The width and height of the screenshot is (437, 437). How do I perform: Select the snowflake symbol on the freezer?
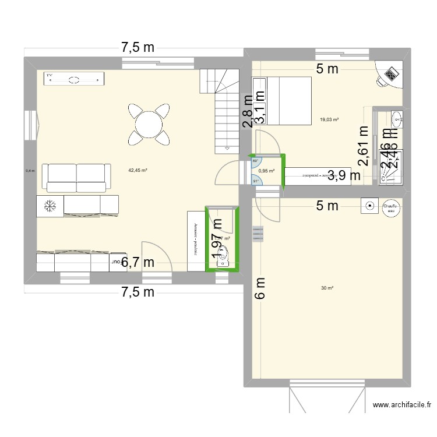50,205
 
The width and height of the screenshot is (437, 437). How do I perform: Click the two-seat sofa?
77,177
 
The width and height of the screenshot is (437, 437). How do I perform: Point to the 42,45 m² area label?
138,171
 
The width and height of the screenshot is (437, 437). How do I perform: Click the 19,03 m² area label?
329,120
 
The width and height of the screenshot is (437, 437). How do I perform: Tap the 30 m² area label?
327,288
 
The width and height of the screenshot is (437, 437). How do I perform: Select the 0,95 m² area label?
266,171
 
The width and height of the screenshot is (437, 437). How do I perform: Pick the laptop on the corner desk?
390,73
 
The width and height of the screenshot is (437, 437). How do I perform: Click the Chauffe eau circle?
390,206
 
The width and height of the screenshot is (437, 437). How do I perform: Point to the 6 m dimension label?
259,288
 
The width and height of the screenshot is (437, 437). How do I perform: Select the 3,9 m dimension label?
343,174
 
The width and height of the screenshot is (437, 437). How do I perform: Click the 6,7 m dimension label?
138,262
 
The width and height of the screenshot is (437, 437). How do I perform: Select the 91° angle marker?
255,181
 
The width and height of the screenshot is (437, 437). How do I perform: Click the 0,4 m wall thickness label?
30,171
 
